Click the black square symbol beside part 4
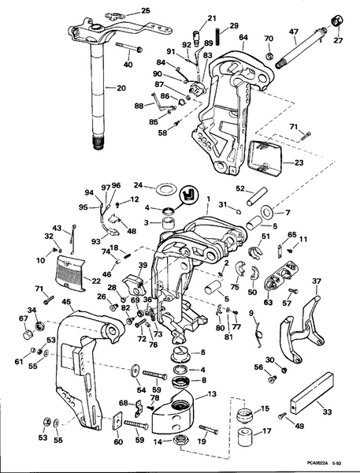(x=189, y=194)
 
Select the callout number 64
(x=243, y=37)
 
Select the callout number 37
(x=317, y=281)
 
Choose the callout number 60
(x=118, y=443)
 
